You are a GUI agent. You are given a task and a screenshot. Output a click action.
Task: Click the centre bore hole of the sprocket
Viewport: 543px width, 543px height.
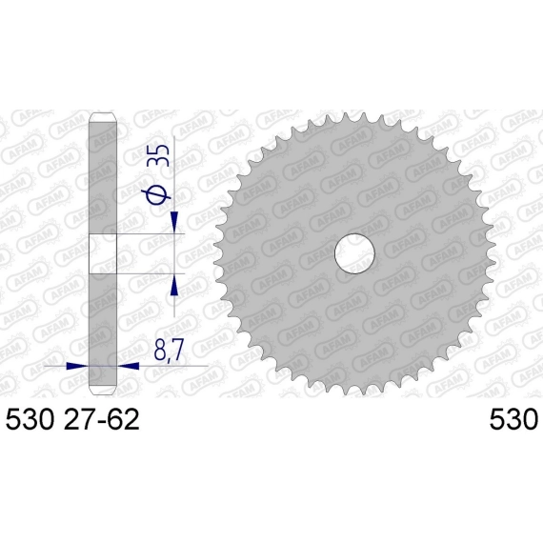point(354,253)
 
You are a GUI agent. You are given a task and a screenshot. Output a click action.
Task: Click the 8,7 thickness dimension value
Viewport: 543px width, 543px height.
point(168,351)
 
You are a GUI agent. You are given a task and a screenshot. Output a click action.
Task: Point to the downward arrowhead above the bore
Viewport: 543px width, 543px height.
point(174,222)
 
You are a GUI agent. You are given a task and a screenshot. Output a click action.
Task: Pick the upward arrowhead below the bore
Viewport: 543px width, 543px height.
point(174,285)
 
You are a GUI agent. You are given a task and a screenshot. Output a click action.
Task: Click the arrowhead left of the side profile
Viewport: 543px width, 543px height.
point(77,366)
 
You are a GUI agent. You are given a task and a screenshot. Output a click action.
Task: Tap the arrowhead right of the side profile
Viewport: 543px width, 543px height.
point(129,366)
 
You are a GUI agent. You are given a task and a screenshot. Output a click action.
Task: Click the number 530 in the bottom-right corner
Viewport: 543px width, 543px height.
point(513,418)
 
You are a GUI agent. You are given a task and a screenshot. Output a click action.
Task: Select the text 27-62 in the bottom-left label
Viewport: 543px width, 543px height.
point(100,418)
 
